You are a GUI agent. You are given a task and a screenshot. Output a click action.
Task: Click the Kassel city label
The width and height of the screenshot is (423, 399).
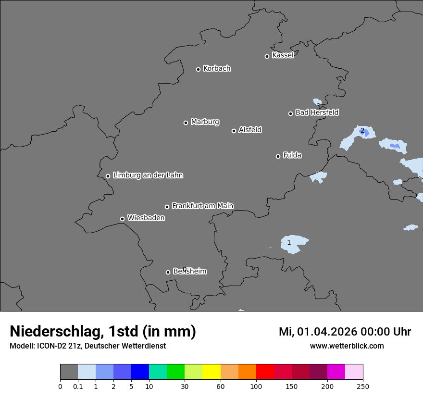283,55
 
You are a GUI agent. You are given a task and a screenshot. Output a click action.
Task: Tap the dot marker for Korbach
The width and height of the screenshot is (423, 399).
198,69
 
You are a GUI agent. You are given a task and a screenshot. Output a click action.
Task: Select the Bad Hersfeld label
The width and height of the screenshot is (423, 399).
317,112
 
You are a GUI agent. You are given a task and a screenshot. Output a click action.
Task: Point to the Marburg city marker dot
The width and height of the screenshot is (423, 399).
186,123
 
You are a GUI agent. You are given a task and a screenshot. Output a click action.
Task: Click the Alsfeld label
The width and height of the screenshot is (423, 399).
250,130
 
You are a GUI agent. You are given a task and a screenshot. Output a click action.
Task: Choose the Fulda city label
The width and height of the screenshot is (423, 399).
292,155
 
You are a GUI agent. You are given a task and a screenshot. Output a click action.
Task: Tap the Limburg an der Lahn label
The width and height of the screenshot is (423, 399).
148,175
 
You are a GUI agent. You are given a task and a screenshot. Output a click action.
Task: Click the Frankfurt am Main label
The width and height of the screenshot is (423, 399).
202,206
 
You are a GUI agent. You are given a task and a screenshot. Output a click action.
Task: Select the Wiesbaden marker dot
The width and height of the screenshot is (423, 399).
122,219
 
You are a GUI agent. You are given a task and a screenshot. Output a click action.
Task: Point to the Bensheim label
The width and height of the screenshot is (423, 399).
189,272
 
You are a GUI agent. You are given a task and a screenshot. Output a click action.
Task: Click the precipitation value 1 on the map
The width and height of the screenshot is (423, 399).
289,243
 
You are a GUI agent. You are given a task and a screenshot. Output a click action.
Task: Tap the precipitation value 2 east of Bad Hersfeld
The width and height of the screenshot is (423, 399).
362,131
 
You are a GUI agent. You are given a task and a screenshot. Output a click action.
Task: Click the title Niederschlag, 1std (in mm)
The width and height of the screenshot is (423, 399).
103,332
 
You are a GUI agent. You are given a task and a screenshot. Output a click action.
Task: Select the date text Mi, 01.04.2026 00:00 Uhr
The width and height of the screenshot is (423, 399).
345,332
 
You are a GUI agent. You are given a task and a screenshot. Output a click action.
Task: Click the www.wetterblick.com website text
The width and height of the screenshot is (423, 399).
347,346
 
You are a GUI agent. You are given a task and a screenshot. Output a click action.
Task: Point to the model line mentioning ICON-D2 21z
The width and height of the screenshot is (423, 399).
87,346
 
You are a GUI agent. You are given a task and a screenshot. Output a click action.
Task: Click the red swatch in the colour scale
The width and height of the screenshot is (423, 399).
265,372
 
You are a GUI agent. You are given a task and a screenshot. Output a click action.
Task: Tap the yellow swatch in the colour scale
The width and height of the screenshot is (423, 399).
211,372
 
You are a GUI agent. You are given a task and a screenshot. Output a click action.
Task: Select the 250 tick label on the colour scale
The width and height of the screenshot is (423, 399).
363,386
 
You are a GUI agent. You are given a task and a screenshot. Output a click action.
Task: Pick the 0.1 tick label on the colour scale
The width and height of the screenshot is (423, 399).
78,386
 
